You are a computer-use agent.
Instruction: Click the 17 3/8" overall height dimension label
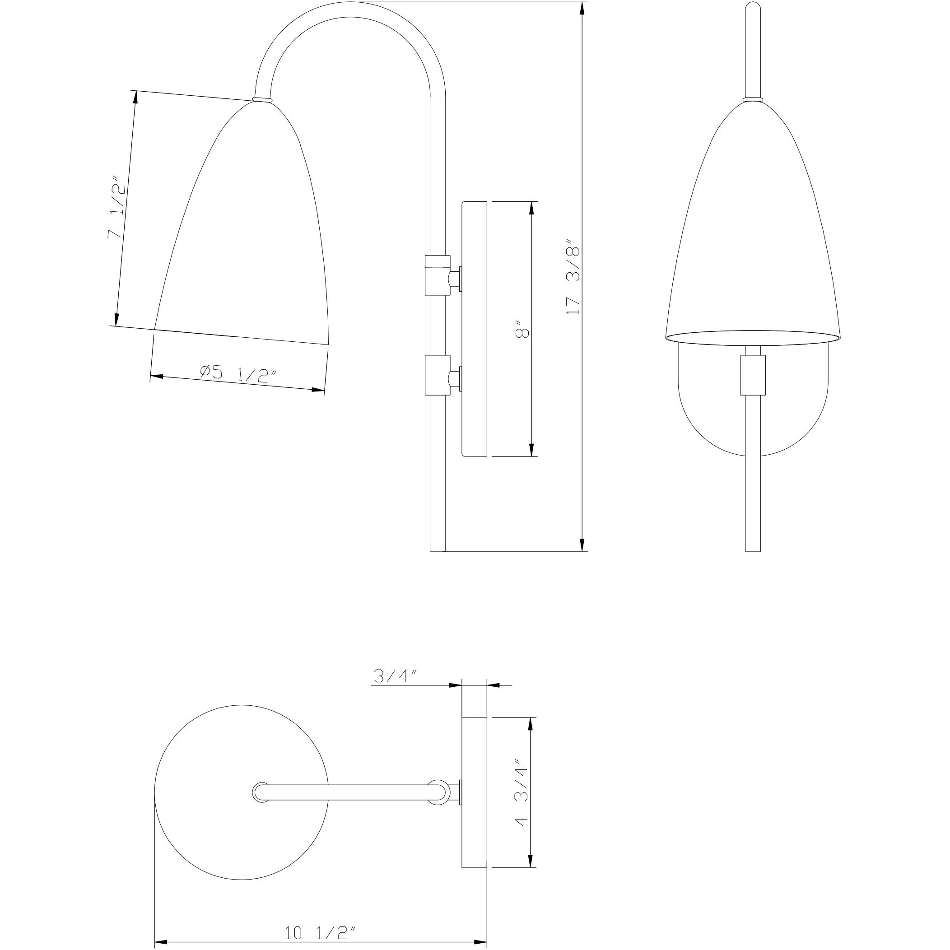point(574,277)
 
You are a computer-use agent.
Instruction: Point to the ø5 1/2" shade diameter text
point(238,373)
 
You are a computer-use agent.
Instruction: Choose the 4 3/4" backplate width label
point(522,796)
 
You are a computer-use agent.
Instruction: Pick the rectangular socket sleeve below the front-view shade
point(753,375)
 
